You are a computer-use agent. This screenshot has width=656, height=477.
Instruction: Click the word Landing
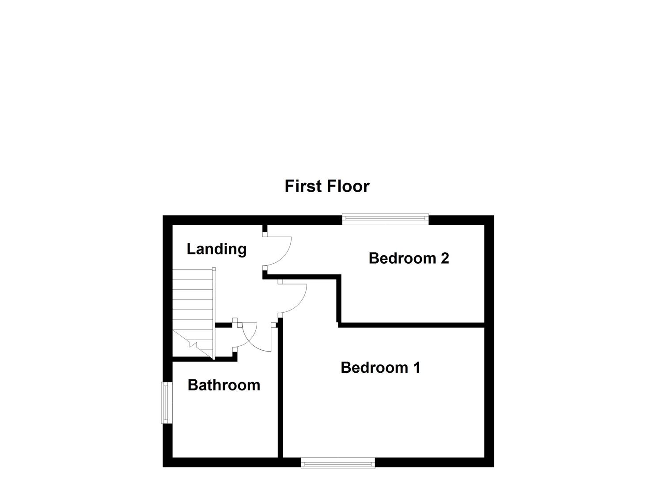(216, 249)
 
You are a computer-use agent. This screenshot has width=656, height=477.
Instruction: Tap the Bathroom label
(224, 385)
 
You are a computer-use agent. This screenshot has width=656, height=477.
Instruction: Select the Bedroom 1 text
(380, 367)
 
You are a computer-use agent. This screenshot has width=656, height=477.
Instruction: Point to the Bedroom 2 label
(409, 258)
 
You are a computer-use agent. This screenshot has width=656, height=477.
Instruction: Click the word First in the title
(302, 186)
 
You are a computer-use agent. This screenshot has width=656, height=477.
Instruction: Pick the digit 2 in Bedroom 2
(444, 258)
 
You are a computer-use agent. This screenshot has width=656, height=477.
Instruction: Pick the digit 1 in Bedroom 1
(416, 367)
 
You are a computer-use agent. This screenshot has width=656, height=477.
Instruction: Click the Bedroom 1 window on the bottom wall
(338, 463)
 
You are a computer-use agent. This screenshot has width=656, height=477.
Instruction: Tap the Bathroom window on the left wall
(166, 402)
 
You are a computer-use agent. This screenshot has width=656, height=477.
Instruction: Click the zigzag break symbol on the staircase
(193, 344)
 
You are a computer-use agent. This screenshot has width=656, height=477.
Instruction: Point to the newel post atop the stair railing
(214, 269)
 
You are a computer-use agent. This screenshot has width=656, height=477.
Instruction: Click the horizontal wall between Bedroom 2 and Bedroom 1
(411, 325)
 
